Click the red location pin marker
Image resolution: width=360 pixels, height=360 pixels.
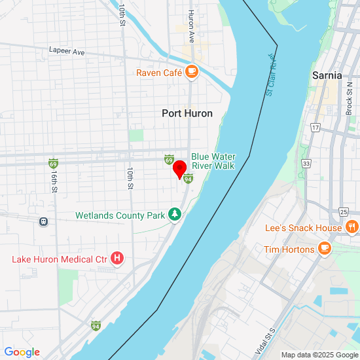pos(179,170)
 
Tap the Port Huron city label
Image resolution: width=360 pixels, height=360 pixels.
pos(187,113)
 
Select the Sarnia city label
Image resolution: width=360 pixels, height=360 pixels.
pos(327,75)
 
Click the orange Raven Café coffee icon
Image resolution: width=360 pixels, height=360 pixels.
pos(191,73)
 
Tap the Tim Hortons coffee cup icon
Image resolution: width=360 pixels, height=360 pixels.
pos(324,249)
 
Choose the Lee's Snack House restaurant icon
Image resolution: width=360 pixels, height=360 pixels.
pos(351,228)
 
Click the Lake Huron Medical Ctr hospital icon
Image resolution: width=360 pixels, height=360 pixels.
pos(117,259)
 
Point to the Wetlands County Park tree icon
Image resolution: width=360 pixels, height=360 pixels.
pos(175,214)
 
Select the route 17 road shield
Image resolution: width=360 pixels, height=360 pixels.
pos(315,127)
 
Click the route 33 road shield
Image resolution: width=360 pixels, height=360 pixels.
pos(306,163)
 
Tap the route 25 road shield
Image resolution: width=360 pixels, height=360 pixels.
pos(344,211)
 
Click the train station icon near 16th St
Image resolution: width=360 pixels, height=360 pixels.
pos(44,221)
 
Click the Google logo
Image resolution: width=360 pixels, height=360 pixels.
pos(22,352)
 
